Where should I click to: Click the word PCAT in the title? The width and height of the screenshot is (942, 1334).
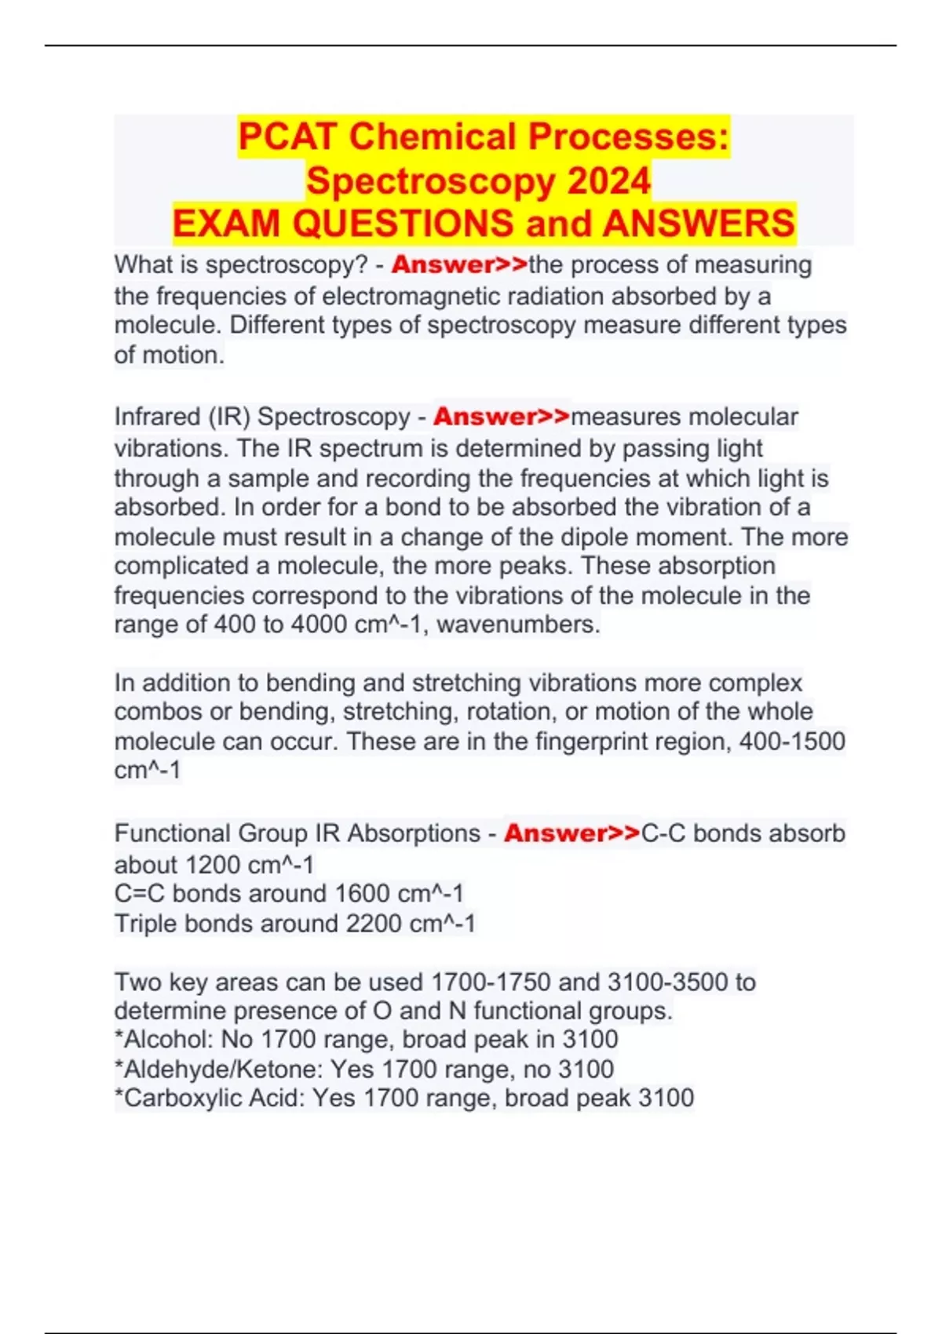click(288, 137)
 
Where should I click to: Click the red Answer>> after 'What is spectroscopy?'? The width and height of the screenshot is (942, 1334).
click(459, 265)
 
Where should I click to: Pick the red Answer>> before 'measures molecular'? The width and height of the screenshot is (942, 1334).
click(501, 417)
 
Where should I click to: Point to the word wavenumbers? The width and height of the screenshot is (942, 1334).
click(518, 625)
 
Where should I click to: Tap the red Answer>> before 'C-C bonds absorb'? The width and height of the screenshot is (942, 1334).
click(571, 833)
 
